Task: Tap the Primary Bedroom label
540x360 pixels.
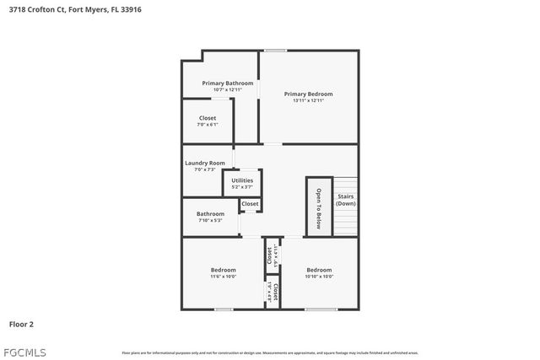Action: [x=308, y=94]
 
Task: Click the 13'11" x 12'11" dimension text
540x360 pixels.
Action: [x=308, y=101]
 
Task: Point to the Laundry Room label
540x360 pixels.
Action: [x=205, y=163]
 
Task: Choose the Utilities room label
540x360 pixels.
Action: [x=242, y=180]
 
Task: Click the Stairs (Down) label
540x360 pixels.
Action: [x=346, y=201]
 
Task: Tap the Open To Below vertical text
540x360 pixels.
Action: [x=319, y=207]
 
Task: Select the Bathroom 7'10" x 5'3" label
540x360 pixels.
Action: [x=211, y=214]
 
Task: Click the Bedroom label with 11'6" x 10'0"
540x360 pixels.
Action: [x=224, y=270]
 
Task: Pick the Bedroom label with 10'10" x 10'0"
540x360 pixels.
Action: [x=319, y=270]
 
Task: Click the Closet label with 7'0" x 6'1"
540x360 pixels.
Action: [x=208, y=118]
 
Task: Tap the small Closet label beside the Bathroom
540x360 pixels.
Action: [x=250, y=204]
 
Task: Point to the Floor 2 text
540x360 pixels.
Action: [x=21, y=323]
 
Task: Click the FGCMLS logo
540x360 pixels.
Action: [x=24, y=352]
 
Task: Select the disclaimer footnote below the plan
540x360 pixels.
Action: [x=270, y=352]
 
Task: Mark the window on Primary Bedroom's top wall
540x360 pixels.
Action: [x=276, y=51]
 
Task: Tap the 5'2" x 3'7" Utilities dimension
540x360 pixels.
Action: [x=242, y=186]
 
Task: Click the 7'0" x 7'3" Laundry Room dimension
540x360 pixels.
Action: [x=205, y=169]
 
